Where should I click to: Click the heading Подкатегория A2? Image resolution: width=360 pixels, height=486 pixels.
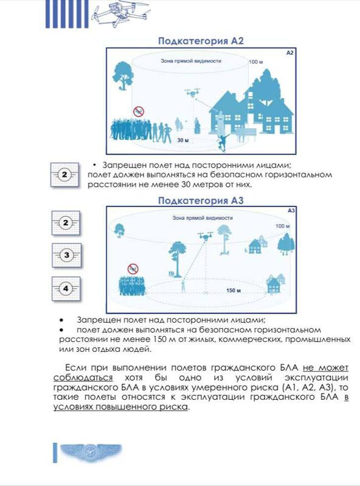coord(201,41)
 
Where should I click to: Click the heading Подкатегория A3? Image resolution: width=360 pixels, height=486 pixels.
coord(201,200)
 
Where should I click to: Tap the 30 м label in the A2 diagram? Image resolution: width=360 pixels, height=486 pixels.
coord(183,140)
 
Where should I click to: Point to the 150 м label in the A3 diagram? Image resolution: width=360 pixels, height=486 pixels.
coord(234,290)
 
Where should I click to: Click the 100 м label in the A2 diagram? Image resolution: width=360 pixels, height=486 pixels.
coord(256,62)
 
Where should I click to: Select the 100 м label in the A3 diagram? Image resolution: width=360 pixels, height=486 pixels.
coord(283,226)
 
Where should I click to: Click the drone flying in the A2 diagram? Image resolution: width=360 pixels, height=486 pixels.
coord(192,92)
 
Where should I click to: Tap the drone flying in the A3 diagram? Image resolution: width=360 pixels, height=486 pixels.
coord(205,236)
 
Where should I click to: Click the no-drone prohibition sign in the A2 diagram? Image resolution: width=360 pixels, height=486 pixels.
coord(139,111)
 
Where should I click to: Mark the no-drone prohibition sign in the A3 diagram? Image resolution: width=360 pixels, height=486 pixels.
coord(133,269)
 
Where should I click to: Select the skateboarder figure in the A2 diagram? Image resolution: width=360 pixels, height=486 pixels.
coord(223,142)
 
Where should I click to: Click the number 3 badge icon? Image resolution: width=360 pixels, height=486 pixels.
coord(66,255)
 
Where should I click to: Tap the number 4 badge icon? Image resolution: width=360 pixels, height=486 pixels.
coord(66,289)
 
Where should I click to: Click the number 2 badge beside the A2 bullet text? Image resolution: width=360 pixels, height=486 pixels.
coord(64,174)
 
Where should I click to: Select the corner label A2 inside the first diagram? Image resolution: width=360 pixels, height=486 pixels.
coord(289,53)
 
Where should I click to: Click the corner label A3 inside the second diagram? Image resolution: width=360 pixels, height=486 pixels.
coord(291,211)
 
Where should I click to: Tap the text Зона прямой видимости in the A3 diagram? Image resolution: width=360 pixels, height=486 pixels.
coord(202,218)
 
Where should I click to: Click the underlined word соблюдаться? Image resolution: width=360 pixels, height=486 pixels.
coord(83,378)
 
